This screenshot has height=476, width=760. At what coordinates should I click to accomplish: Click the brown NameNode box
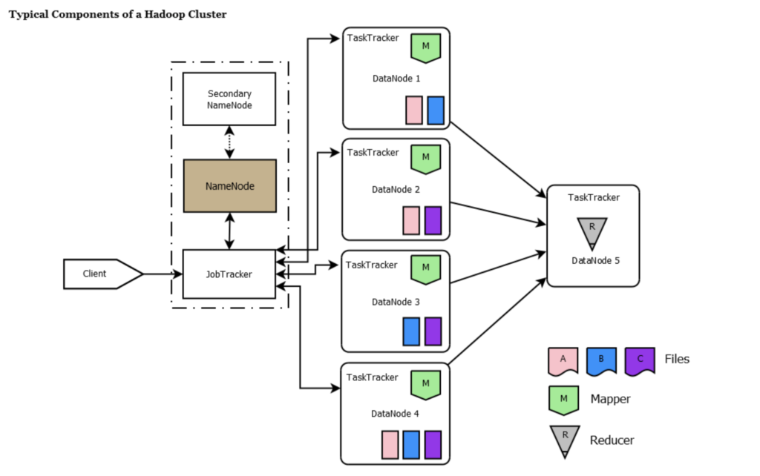point(230,186)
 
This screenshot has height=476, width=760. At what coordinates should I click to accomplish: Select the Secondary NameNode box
point(230,99)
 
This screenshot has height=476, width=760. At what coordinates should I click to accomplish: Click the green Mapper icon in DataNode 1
point(426,47)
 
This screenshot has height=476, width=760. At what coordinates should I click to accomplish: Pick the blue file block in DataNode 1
point(436,110)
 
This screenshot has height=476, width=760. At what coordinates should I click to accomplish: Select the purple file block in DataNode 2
point(433,221)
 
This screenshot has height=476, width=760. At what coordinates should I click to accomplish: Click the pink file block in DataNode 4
point(390,445)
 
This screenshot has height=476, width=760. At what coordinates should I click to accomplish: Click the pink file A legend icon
point(563,360)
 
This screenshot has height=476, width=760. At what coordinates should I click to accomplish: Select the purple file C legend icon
point(639,360)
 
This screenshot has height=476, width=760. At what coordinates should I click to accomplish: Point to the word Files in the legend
point(677,360)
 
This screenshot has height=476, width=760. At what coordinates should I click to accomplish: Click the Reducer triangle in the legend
point(564,440)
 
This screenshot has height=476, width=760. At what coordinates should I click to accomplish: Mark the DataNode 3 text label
point(396,302)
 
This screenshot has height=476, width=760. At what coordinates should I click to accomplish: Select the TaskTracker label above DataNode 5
point(594,197)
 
